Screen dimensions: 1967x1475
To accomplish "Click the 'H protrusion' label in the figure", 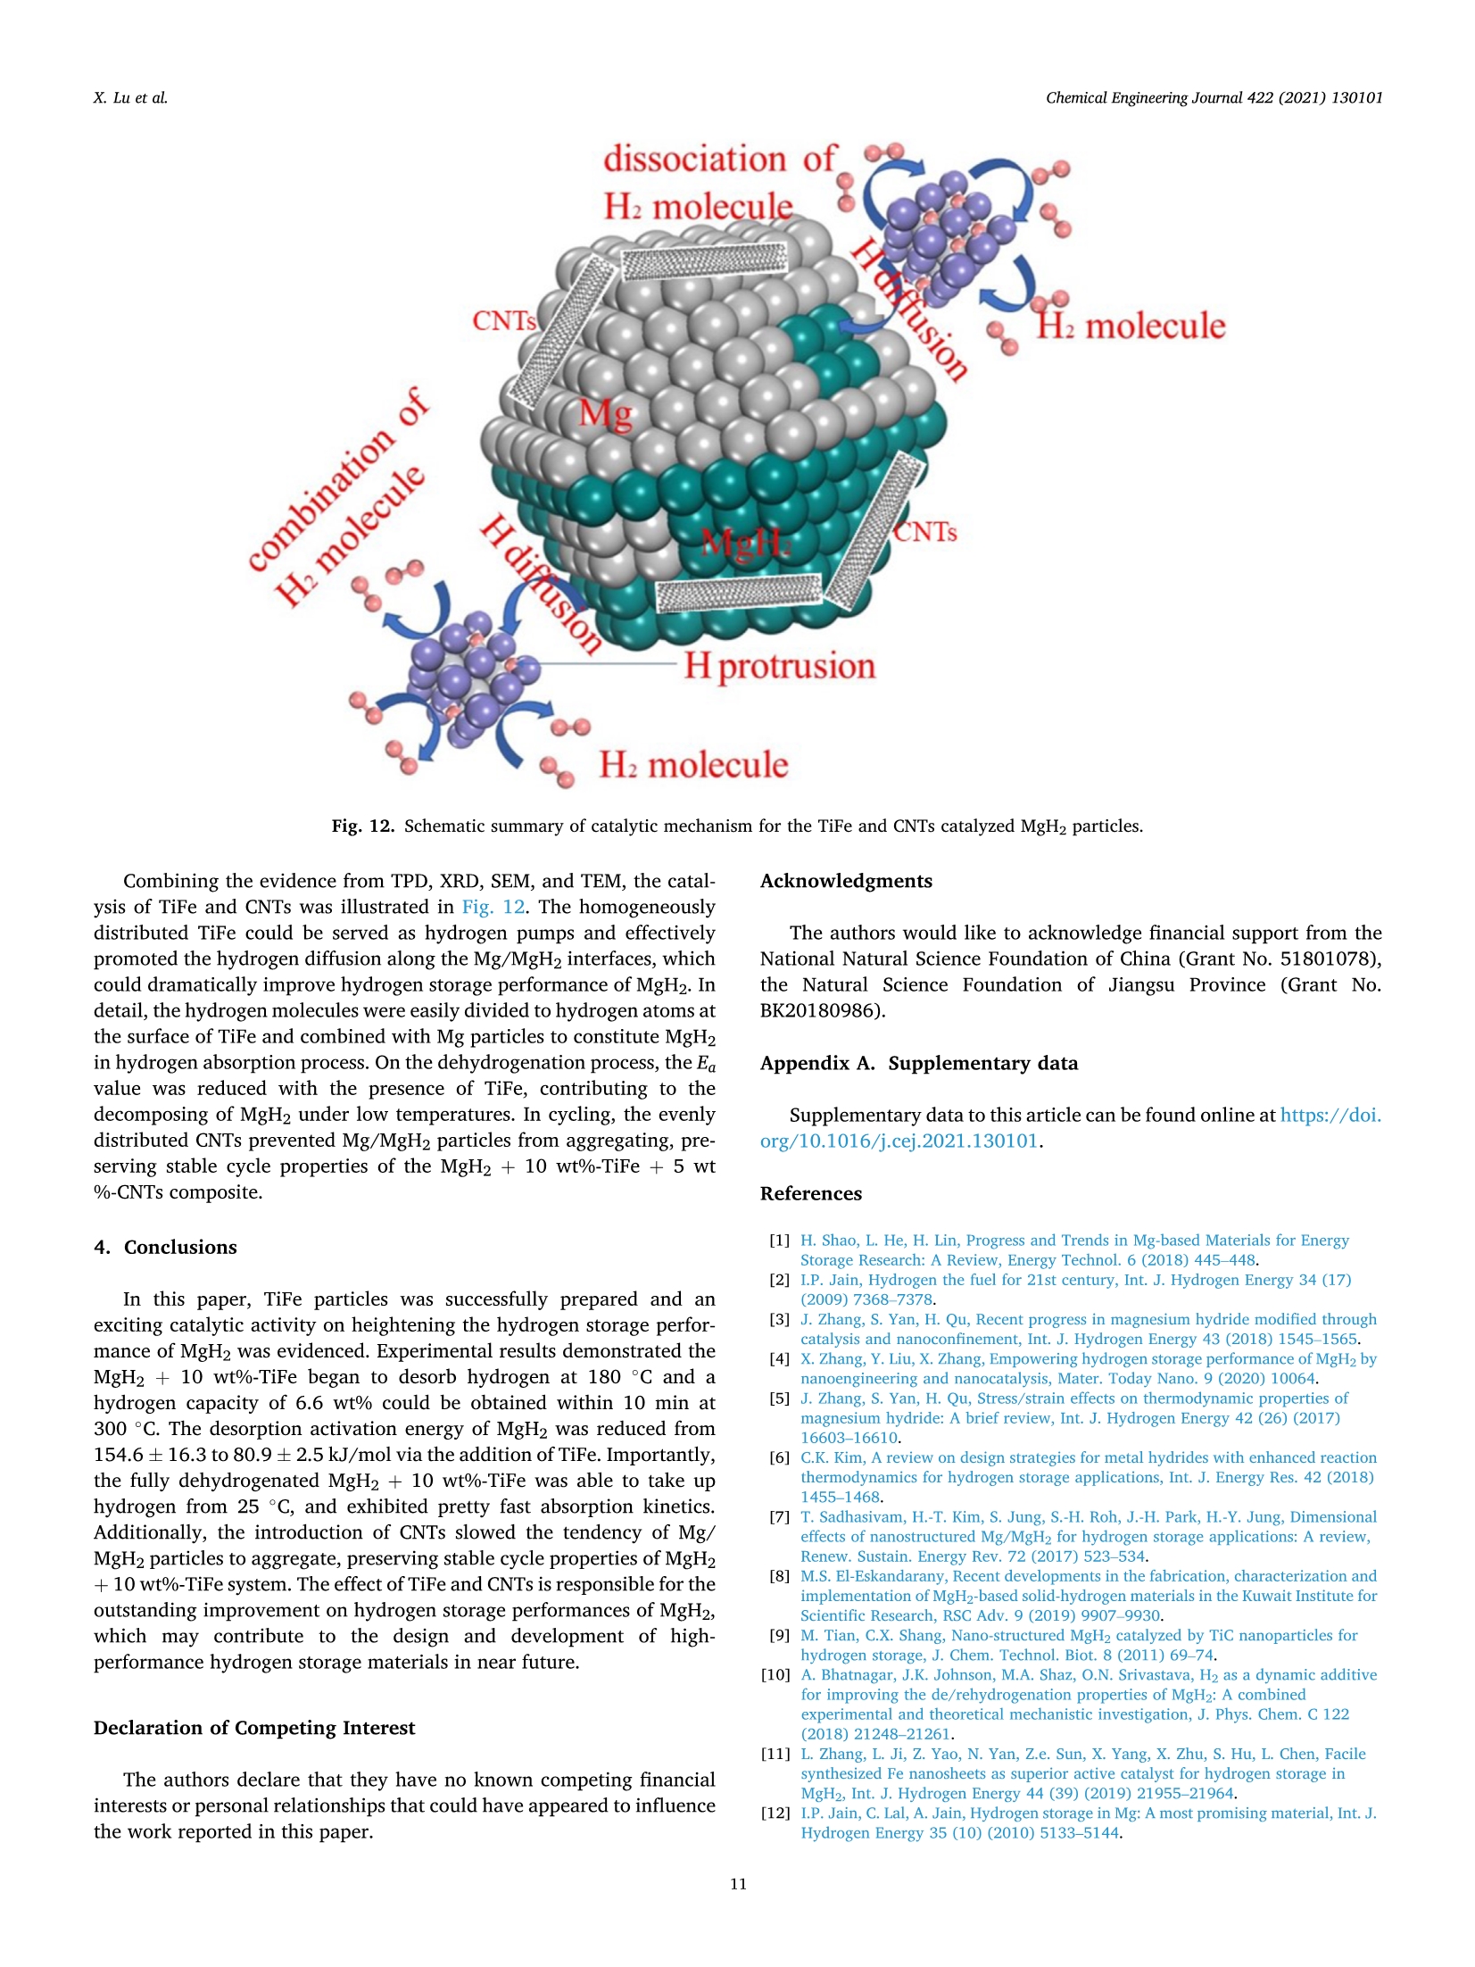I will (x=779, y=666).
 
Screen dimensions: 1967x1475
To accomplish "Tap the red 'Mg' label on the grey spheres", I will (x=606, y=413).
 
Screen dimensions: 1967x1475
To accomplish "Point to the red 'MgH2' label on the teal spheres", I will (x=746, y=542).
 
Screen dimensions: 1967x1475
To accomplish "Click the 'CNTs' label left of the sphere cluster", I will (x=504, y=320).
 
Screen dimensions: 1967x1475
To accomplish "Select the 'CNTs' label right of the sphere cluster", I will (x=925, y=533).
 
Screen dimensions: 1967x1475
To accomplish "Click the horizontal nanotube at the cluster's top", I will (x=704, y=261).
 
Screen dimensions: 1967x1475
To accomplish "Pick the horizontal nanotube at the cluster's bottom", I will (x=738, y=593).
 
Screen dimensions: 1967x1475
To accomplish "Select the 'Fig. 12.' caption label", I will (x=362, y=826).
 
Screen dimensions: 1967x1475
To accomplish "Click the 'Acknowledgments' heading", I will (x=846, y=881).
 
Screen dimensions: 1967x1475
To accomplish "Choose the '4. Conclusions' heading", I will (x=165, y=1247).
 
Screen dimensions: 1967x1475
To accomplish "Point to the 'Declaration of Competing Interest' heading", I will (x=254, y=1728).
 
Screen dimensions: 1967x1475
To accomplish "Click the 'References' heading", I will (x=810, y=1193).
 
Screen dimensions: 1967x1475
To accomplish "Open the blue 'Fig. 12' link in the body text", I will (x=493, y=907).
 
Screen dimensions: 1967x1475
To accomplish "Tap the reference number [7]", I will (x=779, y=1516).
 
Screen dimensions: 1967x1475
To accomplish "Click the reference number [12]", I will (x=775, y=1813).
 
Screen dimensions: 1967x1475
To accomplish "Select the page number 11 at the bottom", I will (x=738, y=1884).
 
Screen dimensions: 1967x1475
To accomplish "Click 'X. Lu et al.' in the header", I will (x=130, y=98).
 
